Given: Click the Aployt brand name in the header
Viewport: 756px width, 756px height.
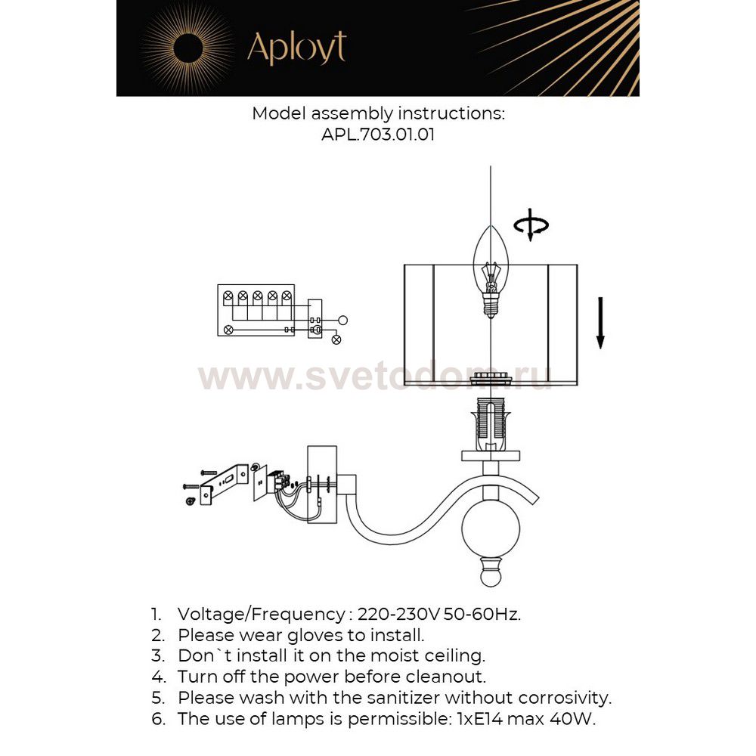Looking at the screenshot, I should pyautogui.click(x=296, y=48).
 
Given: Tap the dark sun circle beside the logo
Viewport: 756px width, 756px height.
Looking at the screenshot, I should pyautogui.click(x=186, y=48).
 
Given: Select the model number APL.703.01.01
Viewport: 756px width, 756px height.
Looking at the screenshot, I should pyautogui.click(x=378, y=135).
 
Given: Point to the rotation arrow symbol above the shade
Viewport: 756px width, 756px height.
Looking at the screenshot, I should pyautogui.click(x=531, y=226).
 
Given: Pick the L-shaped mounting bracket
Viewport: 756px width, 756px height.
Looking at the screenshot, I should pyautogui.click(x=221, y=484).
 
